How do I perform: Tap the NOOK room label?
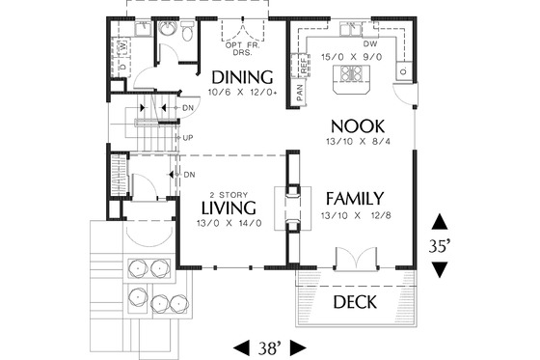click(358, 125)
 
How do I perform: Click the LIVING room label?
click(229, 208)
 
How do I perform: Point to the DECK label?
click(356, 303)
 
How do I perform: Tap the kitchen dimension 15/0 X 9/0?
click(354, 57)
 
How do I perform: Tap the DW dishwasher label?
click(369, 44)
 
